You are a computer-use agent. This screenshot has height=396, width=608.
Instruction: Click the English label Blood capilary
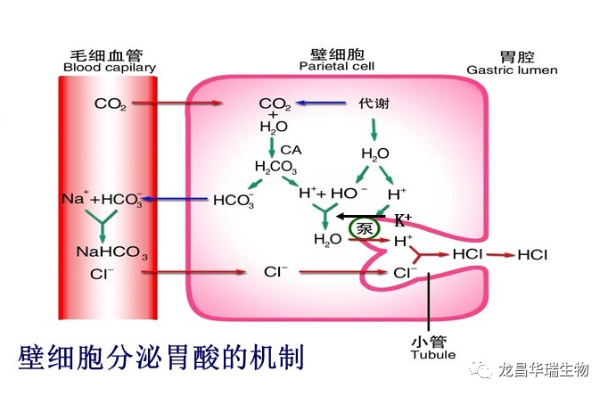pos(109,68)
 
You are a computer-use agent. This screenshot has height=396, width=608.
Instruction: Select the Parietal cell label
pos(336,66)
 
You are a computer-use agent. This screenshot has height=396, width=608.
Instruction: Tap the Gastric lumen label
pos(512,70)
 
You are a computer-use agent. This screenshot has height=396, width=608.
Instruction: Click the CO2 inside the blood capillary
pos(110,104)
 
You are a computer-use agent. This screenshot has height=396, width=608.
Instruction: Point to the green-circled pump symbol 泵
pos(363,227)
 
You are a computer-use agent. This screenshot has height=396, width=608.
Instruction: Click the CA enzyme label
pos(291,149)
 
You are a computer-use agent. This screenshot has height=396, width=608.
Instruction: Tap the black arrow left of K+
pos(361,217)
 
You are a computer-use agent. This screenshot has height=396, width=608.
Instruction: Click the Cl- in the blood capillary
pos(102,273)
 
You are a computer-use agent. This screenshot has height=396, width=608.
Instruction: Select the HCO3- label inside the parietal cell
pos(234,201)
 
